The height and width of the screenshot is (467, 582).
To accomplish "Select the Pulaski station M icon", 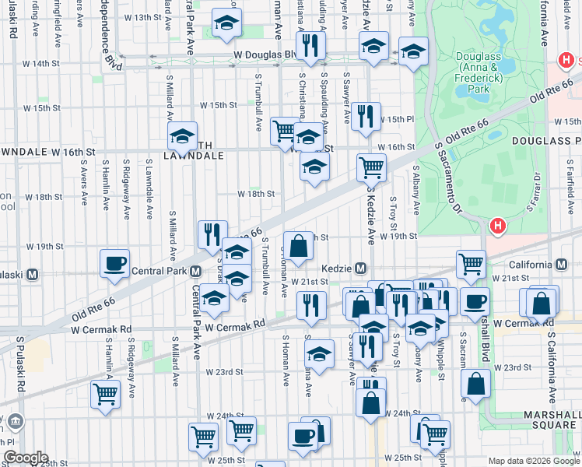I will (x=33, y=275).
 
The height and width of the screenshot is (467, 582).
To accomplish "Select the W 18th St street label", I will (x=256, y=194).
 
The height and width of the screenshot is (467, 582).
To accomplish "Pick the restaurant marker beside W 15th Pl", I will (x=366, y=117).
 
